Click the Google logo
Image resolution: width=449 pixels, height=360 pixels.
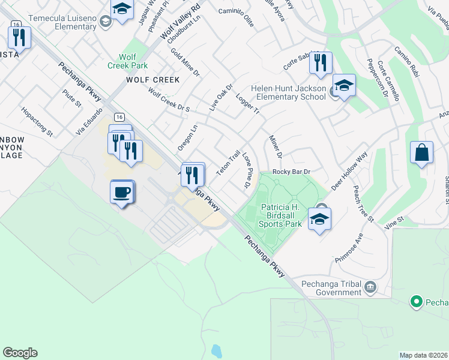tap(20, 353)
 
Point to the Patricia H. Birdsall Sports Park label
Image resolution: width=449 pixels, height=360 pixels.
tap(280, 215)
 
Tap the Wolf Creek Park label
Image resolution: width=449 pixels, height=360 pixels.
tap(127, 61)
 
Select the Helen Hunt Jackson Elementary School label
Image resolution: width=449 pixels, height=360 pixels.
tap(288, 92)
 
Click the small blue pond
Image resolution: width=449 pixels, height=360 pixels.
tap(216, 350)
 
